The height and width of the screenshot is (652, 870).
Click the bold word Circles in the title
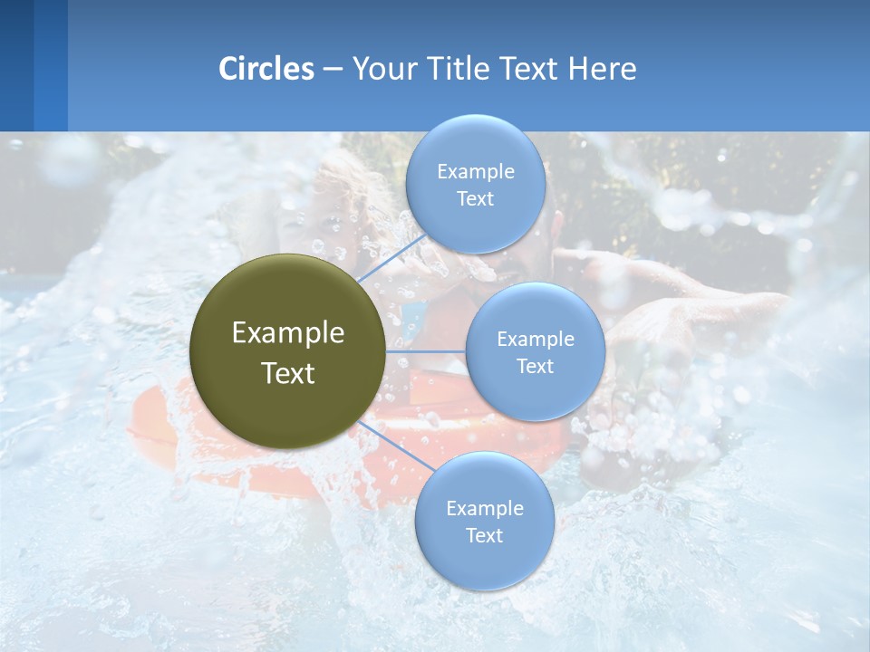coord(266,69)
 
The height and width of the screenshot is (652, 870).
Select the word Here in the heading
coord(602,69)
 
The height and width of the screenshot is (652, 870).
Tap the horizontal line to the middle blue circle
coord(425,351)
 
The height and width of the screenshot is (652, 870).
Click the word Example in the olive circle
coord(287,333)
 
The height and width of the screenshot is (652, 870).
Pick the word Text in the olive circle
coord(287,373)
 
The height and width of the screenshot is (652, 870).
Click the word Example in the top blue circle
coord(475,171)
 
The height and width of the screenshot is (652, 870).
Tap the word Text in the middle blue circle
coord(535,366)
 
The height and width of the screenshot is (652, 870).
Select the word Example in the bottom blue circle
coord(484,508)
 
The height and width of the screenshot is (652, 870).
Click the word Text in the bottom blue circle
coord(484,535)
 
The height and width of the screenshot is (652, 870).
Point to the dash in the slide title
coord(333,69)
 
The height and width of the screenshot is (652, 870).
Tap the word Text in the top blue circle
coord(475,198)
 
